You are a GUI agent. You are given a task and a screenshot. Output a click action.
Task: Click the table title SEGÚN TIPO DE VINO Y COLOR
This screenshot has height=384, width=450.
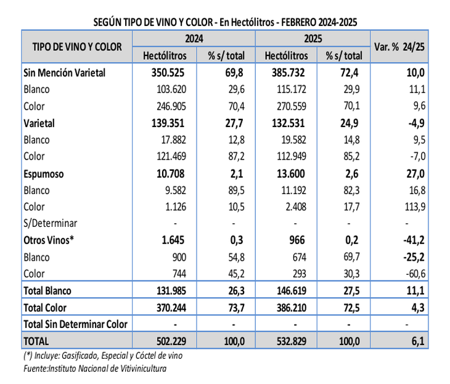[225, 22]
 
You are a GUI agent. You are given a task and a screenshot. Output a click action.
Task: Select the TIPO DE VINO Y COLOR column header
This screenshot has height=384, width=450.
[77, 46]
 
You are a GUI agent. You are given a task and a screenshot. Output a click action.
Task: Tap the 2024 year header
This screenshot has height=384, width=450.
[193, 38]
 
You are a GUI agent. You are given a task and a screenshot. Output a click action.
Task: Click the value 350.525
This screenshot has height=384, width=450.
[168, 73]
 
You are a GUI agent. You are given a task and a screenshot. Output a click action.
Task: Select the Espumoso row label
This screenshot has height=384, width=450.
[45, 174]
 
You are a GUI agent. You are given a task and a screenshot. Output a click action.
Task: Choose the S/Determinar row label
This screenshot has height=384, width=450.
[51, 224]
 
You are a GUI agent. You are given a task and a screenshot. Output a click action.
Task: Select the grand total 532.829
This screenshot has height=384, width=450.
[288, 340]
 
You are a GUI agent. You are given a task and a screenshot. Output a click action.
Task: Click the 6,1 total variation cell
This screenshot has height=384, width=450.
[417, 340]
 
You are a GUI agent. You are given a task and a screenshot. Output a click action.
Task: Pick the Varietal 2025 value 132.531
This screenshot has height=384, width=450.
[288, 123]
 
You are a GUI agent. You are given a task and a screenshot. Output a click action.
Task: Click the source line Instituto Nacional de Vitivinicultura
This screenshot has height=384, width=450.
[95, 369]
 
